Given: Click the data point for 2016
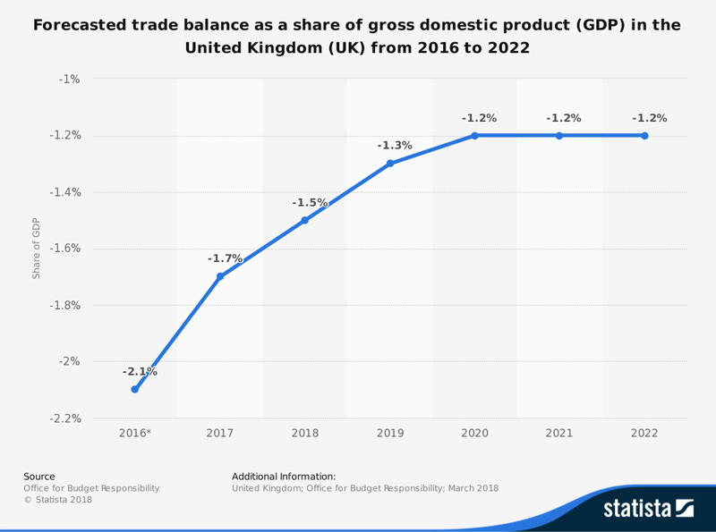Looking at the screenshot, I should click(134, 390).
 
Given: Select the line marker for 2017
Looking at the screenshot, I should click(219, 276).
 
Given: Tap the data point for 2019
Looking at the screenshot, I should click(389, 164).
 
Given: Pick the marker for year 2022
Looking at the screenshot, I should click(644, 136).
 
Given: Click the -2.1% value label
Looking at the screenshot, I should click(140, 371).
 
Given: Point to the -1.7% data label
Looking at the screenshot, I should click(225, 258).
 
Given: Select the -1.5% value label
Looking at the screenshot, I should click(310, 203).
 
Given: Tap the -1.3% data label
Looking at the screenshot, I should click(395, 145).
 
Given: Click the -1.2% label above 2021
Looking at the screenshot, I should click(564, 117).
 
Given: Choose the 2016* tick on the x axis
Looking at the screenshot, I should click(135, 433).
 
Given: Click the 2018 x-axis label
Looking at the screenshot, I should click(304, 433).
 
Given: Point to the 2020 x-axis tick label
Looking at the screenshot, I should click(474, 433).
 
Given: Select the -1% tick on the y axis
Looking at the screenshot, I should click(69, 79).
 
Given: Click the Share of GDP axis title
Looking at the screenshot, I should click(37, 248).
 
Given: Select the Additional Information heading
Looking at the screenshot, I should click(284, 477).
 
